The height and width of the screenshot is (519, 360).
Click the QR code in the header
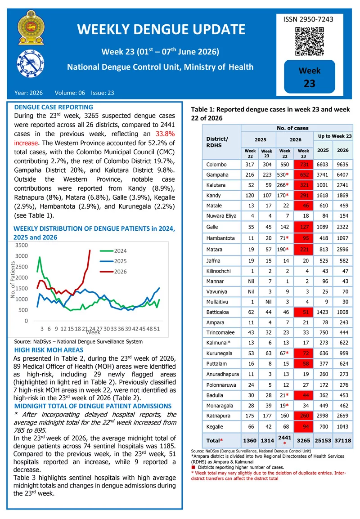pyautogui.click(x=309, y=41)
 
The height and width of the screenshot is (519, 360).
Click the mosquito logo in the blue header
pyautogui.click(x=31, y=63)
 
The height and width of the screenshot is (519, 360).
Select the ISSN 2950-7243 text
pyautogui.click(x=308, y=19)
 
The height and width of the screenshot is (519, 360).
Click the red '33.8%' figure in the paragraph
pyautogui.click(x=165, y=134)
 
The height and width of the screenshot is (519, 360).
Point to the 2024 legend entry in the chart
pyautogui.click(x=113, y=251)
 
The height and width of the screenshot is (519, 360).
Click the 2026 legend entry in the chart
pyautogui.click(x=113, y=271)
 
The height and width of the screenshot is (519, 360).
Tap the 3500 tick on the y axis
pyautogui.click(x=22, y=245)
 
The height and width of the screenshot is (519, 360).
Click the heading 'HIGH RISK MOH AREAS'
pyautogui.click(x=49, y=350)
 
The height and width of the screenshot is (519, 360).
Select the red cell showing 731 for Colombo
pyautogui.click(x=303, y=165)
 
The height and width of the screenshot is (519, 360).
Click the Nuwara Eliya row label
pyautogui.click(x=221, y=216)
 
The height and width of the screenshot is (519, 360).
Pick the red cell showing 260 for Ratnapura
pyautogui.click(x=303, y=416)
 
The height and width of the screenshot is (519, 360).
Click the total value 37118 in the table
pyautogui.click(x=342, y=441)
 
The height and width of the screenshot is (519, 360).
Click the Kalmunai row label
pyautogui.click(x=218, y=343)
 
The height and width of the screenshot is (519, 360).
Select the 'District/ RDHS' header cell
pyautogui.click(x=217, y=142)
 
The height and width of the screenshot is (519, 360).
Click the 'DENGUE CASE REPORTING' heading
pyautogui.click(x=54, y=107)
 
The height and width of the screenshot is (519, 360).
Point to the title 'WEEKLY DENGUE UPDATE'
pyautogui.click(x=161, y=30)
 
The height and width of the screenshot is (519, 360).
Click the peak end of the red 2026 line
pyautogui.click(x=90, y=250)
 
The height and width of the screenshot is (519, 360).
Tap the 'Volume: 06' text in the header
pyautogui.click(x=70, y=93)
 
